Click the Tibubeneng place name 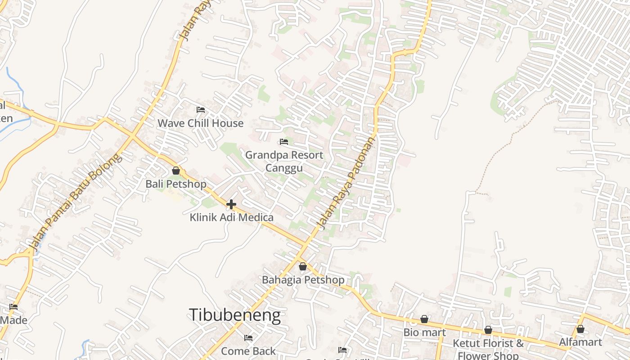point(234,315)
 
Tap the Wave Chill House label point(200,123)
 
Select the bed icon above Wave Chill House point(201,109)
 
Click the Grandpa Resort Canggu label point(284,161)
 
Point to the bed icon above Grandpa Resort point(284,142)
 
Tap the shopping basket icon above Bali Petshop point(176,171)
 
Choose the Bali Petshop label point(176,184)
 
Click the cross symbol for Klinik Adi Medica point(231,204)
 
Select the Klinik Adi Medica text point(231,218)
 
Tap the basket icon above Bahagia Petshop point(303,266)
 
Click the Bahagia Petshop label point(303,280)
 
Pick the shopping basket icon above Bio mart point(424,319)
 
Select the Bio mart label point(424,333)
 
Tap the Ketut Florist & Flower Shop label point(488,349)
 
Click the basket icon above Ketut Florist point(488,330)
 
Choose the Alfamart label point(580,342)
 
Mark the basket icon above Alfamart point(580,329)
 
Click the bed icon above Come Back point(248,337)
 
